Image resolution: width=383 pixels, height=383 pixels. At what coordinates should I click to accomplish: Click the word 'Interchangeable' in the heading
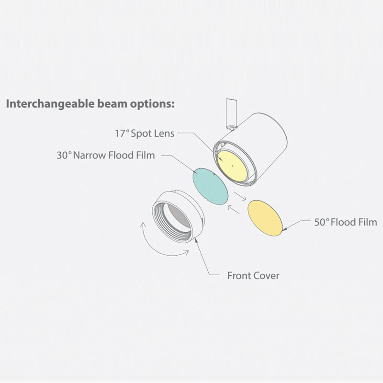click(x=50, y=104)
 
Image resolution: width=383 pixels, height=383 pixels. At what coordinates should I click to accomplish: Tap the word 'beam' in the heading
click(x=112, y=103)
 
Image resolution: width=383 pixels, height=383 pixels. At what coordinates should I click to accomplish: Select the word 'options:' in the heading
click(x=152, y=104)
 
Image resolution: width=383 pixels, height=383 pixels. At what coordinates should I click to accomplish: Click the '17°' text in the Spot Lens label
click(x=122, y=134)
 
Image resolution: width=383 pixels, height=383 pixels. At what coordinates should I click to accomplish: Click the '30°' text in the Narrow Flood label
click(x=64, y=155)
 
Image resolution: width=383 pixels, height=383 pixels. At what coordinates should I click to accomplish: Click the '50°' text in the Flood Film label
click(x=321, y=222)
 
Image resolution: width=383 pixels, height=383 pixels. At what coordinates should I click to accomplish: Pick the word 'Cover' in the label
click(x=266, y=276)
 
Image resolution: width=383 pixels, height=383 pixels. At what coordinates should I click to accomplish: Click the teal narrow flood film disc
click(x=210, y=186)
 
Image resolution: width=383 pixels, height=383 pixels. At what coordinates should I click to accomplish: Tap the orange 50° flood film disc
click(x=265, y=218)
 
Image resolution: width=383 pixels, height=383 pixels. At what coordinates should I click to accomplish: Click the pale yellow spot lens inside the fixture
click(x=232, y=166)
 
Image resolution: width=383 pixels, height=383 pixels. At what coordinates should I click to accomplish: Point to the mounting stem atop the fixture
click(x=231, y=113)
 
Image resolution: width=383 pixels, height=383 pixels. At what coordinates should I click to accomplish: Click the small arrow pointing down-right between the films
click(x=240, y=196)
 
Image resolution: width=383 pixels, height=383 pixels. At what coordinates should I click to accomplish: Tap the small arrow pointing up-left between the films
click(x=233, y=210)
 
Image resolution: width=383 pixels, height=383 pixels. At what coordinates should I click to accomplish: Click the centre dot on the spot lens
click(x=232, y=166)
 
